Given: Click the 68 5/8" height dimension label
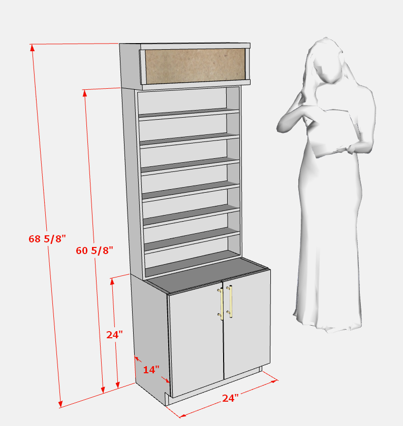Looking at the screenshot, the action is [x=47, y=239].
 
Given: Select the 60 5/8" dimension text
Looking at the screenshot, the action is [x=94, y=251].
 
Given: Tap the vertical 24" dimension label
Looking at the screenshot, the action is [x=114, y=335].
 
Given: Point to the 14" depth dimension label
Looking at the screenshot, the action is [x=151, y=370].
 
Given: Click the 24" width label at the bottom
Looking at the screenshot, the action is [x=230, y=398].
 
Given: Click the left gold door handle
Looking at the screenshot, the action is [x=221, y=304].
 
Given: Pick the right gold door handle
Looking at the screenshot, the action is [x=230, y=301].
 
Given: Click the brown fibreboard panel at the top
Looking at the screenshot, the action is [x=195, y=66].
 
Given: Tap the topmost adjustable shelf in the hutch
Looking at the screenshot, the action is [x=189, y=114].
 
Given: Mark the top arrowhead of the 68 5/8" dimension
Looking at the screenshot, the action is [x=33, y=48].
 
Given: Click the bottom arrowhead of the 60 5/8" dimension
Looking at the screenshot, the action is [x=103, y=389].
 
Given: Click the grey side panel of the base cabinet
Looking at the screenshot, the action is [x=150, y=337].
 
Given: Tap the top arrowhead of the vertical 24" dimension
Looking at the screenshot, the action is [x=112, y=281].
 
